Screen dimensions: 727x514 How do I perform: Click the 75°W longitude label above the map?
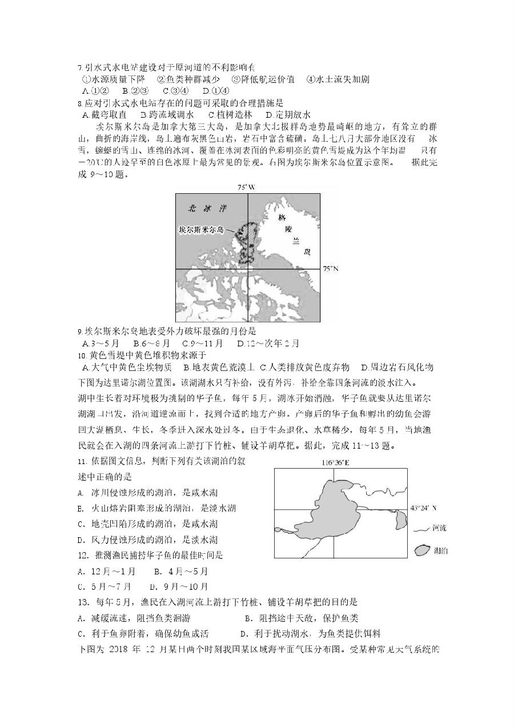[247, 187]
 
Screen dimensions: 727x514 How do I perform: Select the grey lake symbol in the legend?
[423, 550]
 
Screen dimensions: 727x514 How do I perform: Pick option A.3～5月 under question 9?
[101, 343]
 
